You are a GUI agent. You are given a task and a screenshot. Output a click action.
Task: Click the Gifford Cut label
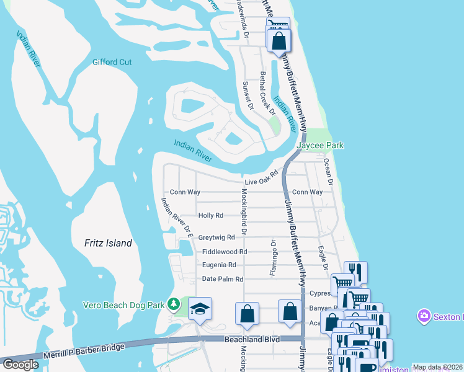coord(112,62)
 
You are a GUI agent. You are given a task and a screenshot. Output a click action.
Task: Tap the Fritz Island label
coord(109,243)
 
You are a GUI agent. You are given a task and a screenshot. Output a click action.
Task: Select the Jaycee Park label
coord(320,145)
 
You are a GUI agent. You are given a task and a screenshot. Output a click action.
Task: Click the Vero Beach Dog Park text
coord(126,304)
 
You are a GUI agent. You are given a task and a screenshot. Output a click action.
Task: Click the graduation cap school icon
coord(200,309)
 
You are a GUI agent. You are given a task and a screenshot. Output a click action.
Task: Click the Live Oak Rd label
coord(259,181)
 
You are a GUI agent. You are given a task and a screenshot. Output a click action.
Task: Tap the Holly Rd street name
coord(210,216)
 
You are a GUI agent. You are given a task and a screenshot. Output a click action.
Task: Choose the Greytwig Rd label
coord(216,237)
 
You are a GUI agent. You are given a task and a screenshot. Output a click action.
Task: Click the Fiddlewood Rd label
coord(225,252)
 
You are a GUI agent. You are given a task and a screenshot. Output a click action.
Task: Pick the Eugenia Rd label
coord(219,265)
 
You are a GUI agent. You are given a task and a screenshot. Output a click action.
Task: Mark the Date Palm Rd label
coord(222,279)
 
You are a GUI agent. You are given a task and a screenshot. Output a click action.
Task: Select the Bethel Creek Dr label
coord(267,93)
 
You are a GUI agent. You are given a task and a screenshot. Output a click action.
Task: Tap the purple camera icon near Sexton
coord(424,316)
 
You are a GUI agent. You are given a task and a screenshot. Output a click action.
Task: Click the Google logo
coord(20,365)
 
